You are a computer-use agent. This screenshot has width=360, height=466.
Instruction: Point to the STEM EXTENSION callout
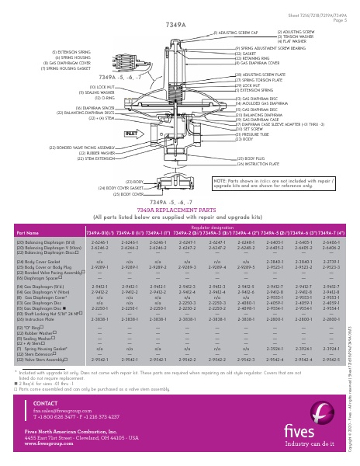coord(73,158)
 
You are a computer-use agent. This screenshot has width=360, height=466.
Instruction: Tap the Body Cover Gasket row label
coord(35,262)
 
